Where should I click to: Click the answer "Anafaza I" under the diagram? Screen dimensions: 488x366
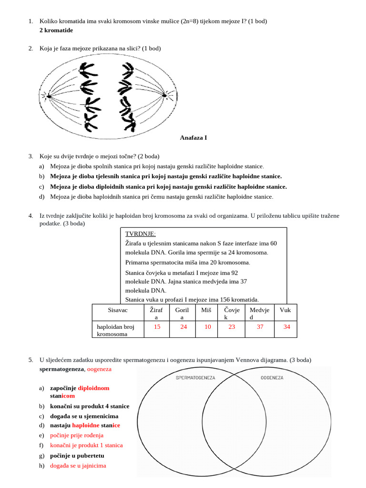point(193,138)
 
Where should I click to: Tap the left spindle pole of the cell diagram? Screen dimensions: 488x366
point(48,96)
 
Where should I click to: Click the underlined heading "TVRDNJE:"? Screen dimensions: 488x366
point(140,234)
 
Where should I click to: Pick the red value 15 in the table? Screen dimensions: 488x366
point(157,327)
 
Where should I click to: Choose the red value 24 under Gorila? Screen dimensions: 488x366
point(183,327)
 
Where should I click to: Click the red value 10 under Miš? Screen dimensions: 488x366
point(207,327)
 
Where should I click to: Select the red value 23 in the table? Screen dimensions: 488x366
point(232,327)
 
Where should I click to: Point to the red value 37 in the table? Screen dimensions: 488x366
point(260,327)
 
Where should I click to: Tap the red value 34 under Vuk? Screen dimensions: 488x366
point(286,327)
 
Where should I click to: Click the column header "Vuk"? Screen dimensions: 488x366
point(285,310)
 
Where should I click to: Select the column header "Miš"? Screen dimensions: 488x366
point(207,310)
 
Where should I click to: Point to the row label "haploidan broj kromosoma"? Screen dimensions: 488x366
point(116,331)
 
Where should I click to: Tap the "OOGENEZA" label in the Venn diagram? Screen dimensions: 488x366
point(272,377)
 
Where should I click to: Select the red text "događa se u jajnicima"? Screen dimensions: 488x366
point(78,466)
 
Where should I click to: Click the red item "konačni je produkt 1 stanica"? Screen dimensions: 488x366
point(86,445)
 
